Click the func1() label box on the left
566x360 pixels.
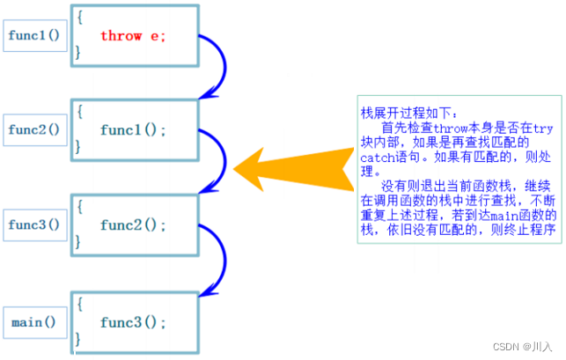(33, 36)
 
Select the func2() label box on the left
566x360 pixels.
(34, 129)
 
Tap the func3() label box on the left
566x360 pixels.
(34, 224)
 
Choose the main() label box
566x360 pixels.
(33, 322)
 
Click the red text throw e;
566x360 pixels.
(133, 36)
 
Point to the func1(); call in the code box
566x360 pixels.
(133, 129)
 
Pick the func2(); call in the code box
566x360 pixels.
(133, 224)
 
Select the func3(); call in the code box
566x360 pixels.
(133, 322)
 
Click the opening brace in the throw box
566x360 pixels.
(78, 16)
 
